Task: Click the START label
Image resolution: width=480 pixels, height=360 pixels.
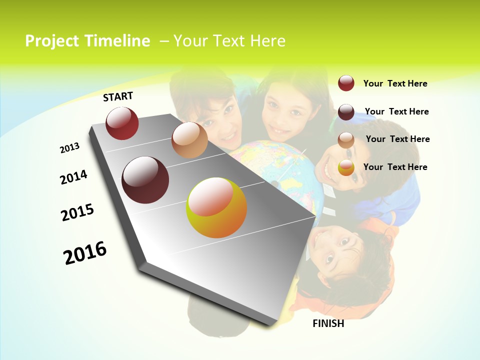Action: tap(118, 96)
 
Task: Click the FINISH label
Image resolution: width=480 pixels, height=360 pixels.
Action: tap(328, 323)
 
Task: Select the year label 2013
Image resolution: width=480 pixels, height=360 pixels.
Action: tap(69, 148)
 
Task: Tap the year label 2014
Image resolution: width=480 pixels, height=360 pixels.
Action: tap(73, 177)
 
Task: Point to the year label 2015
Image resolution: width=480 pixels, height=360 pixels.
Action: tap(77, 212)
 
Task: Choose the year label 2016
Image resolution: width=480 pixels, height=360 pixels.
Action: tap(85, 252)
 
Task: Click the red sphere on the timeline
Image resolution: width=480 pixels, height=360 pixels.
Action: tap(122, 123)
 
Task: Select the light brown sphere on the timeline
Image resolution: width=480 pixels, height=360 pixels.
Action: tap(189, 140)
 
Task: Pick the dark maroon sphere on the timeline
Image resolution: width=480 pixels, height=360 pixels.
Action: tap(145, 180)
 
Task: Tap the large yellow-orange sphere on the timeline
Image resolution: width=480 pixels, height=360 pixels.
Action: tap(216, 207)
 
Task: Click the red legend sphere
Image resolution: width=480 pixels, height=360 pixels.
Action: tap(346, 83)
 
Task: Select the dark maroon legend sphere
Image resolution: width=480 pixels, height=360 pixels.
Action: tap(346, 112)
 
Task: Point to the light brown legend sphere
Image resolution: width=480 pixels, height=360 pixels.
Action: tap(346, 140)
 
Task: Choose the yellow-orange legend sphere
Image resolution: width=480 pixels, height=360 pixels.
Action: tap(346, 168)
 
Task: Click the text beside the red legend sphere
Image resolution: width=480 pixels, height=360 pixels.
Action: tap(395, 83)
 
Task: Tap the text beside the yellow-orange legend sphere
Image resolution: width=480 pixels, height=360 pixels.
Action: tap(395, 167)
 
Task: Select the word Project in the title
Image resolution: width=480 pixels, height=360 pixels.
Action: tap(52, 41)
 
